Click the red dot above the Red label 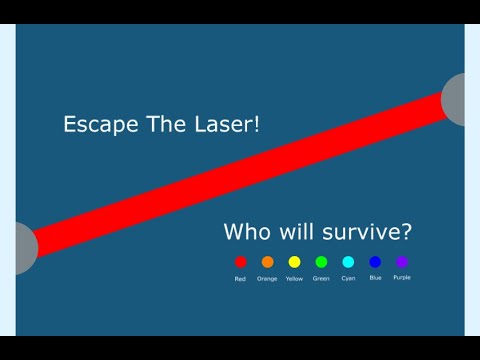[240, 262]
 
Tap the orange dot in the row [267, 262]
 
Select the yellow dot [294, 262]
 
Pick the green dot [321, 262]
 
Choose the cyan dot [348, 262]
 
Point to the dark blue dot [375, 262]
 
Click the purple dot [402, 262]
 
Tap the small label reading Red [240, 278]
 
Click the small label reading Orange [267, 278]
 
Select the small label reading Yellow [294, 278]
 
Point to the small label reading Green [321, 278]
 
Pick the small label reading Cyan [348, 278]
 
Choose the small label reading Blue [375, 277]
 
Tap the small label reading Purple [402, 277]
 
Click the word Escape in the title [96, 125]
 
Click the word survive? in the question [366, 233]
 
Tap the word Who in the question [246, 233]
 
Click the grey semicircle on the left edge [25, 247]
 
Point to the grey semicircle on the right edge [455, 99]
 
